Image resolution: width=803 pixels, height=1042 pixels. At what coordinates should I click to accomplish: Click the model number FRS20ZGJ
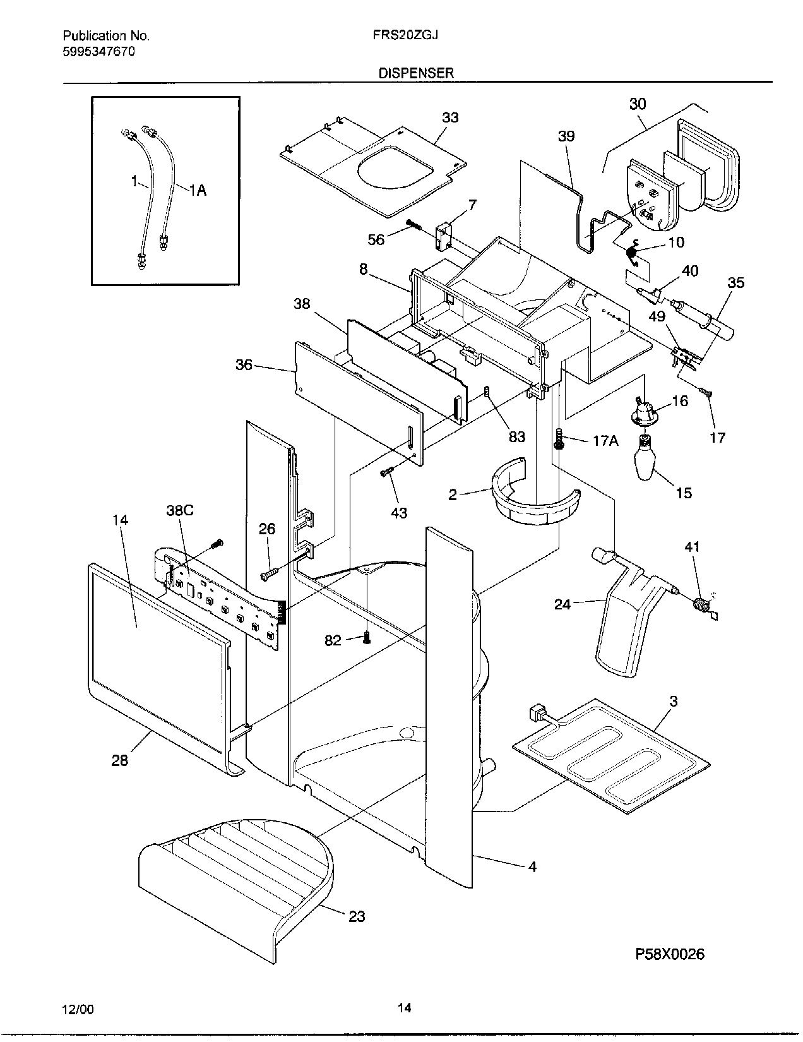pyautogui.click(x=406, y=35)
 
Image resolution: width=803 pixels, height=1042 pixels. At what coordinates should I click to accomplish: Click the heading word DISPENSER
pyautogui.click(x=415, y=73)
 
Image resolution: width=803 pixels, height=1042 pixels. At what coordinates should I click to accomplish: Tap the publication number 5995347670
pyautogui.click(x=99, y=52)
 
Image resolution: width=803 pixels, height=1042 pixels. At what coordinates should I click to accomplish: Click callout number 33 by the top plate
pyautogui.click(x=450, y=117)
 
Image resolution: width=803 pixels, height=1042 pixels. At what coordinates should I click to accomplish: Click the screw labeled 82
pyautogui.click(x=367, y=640)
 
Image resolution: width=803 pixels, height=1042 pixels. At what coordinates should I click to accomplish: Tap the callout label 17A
pyautogui.click(x=605, y=441)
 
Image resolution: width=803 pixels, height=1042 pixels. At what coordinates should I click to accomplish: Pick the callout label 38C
pyautogui.click(x=179, y=510)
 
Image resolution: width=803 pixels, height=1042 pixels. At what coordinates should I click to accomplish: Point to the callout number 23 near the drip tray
pyautogui.click(x=357, y=916)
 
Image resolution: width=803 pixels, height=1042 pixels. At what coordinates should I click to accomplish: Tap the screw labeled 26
pyautogui.click(x=268, y=574)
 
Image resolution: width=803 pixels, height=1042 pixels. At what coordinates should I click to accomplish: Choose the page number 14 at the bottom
pyautogui.click(x=404, y=1008)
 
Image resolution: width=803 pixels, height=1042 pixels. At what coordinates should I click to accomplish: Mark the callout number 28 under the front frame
pyautogui.click(x=119, y=760)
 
